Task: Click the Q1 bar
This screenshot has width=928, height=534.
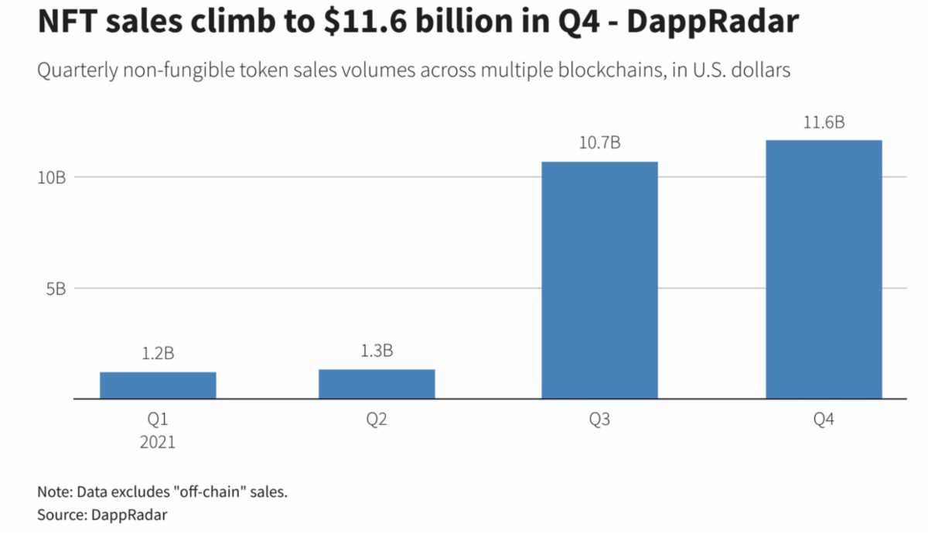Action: click(158, 385)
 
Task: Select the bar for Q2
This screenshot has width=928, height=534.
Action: click(377, 384)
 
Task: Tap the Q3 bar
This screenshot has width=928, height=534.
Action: click(599, 280)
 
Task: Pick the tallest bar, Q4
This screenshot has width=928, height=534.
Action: click(824, 269)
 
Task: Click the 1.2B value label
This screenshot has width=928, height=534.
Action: click(158, 354)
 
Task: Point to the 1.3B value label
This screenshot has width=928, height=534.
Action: click(377, 351)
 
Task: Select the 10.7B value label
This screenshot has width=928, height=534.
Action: click(600, 143)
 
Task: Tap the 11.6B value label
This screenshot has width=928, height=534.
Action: click(824, 122)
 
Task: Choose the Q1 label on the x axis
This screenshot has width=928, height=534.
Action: click(158, 420)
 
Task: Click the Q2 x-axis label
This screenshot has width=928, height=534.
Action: click(377, 420)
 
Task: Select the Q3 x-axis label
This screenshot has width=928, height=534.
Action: click(599, 420)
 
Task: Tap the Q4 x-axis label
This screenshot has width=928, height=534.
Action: click(824, 420)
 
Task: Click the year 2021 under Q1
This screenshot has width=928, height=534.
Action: click(158, 443)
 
